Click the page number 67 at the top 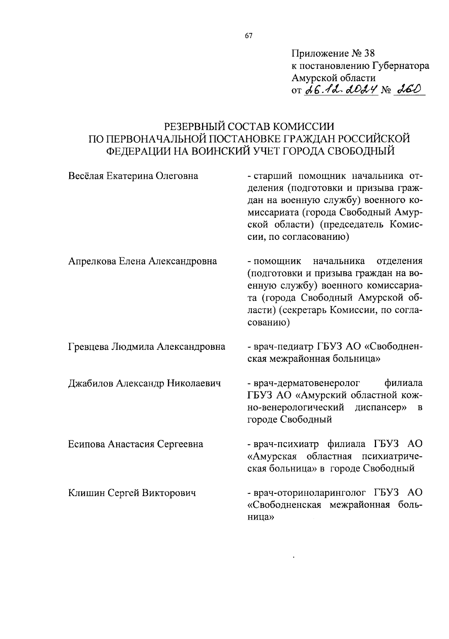point(249,36)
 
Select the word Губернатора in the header point(401,66)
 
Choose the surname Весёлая point(86,175)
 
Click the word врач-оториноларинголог point(309,493)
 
